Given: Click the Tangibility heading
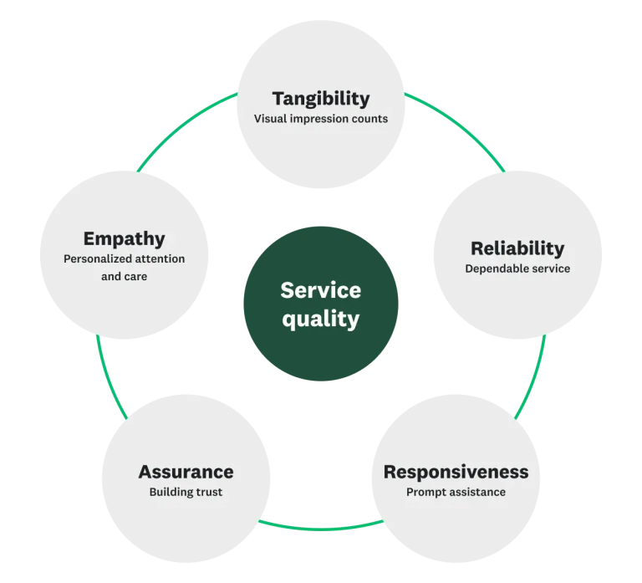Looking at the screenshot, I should click(x=320, y=99).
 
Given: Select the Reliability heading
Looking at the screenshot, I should click(x=517, y=248).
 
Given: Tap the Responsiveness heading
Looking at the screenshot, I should click(x=456, y=472).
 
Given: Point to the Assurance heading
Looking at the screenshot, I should click(x=186, y=472).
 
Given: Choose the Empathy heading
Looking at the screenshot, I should click(x=124, y=239).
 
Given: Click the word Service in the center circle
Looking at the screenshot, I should click(x=320, y=290).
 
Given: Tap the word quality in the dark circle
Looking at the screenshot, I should click(x=320, y=319).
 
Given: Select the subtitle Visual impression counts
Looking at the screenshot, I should click(x=320, y=119).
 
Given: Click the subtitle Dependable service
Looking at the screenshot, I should click(x=517, y=268).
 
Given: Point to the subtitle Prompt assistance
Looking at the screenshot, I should click(x=456, y=492).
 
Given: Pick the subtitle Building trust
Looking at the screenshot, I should click(x=186, y=492).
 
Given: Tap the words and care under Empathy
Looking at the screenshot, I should click(x=124, y=276).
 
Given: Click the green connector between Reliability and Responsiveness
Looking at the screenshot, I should click(x=532, y=376).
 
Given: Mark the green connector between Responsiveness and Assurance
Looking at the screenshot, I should click(x=320, y=528).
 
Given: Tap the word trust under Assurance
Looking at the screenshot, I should click(x=207, y=492).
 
